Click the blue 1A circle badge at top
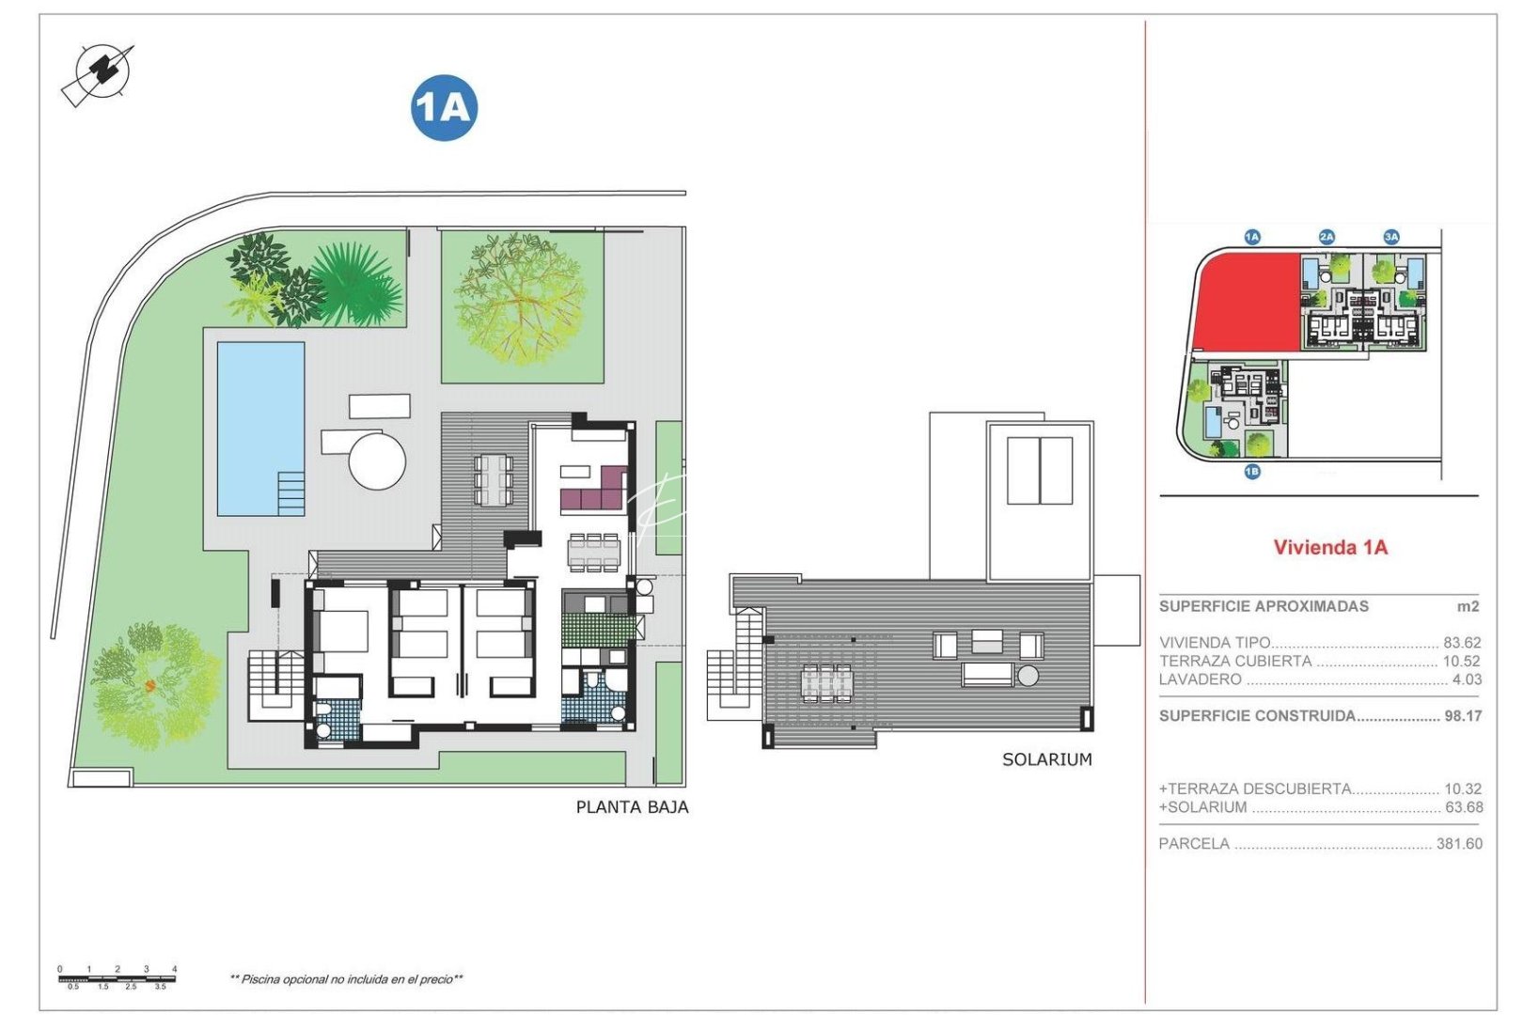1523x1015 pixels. point(444,108)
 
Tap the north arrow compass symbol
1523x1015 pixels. point(98,73)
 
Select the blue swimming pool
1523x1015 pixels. point(260,428)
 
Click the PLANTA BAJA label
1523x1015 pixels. point(632,807)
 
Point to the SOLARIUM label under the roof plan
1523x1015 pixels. point(1046,759)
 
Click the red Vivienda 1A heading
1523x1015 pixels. point(1329,547)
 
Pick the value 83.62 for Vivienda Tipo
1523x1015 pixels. point(1461,643)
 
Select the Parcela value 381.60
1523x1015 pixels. point(1459,844)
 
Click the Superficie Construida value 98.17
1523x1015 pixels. point(1463,716)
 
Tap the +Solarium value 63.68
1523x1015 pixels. point(1464,807)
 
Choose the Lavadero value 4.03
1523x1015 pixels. point(1467,679)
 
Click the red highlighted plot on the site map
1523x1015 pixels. point(1246,301)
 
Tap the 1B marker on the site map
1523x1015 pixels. point(1251,472)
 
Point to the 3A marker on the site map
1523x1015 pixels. point(1390,237)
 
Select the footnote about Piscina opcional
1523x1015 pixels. point(346,979)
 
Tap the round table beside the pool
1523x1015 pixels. point(377,461)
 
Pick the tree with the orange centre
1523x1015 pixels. point(150,684)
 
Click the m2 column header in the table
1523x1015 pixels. point(1468,607)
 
